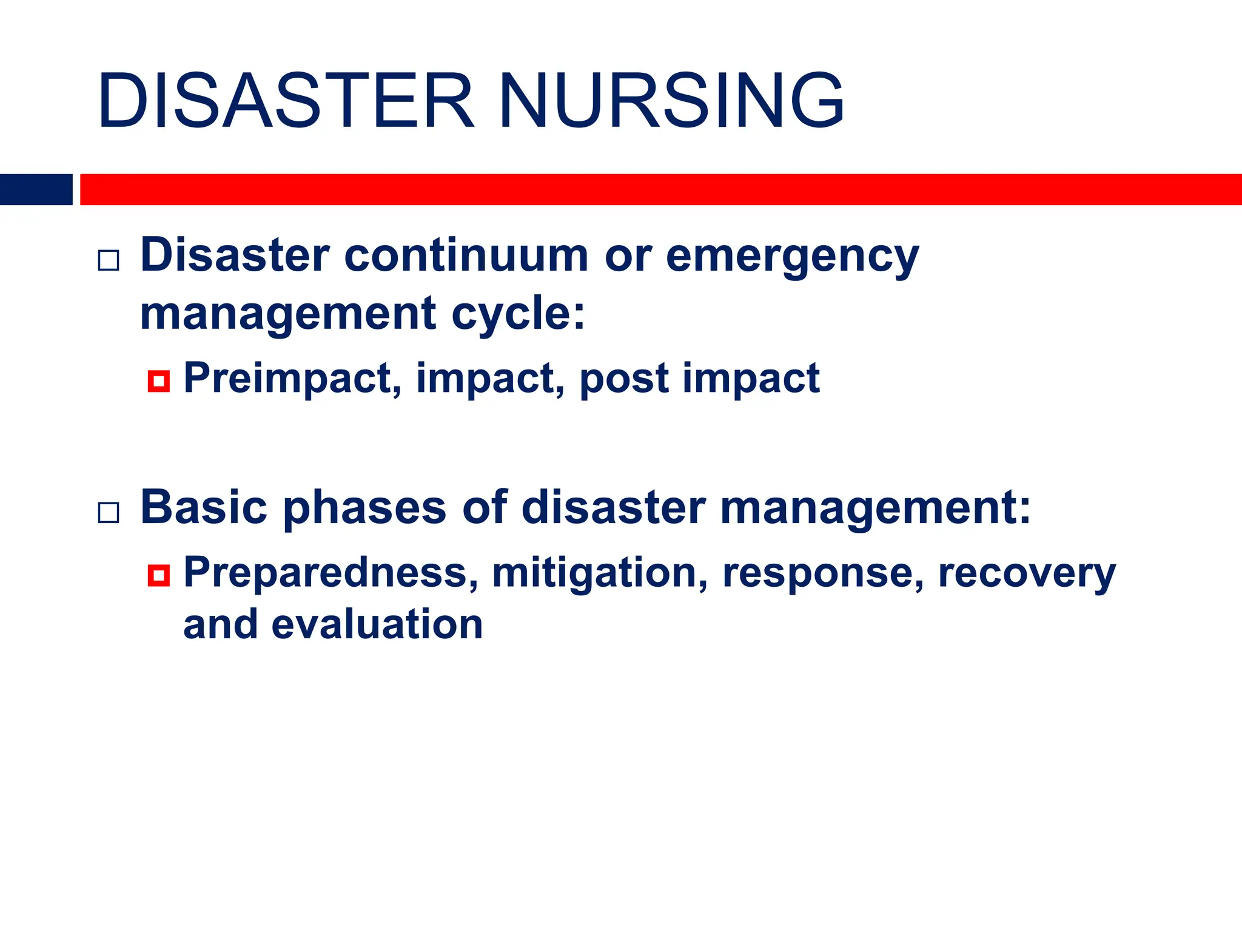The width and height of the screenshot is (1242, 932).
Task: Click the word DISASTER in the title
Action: [x=285, y=101]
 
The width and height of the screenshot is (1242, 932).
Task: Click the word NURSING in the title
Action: [x=671, y=101]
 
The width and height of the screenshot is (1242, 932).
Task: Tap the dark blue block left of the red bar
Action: [x=36, y=189]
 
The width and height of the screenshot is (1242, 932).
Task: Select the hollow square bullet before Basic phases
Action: [x=109, y=513]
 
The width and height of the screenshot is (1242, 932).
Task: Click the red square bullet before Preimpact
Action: [x=158, y=381]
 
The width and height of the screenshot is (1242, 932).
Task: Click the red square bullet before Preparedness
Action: [x=158, y=575]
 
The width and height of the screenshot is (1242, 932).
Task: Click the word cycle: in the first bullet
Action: [x=519, y=314]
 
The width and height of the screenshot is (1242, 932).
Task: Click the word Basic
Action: [x=204, y=507]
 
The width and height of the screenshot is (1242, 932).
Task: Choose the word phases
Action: [x=364, y=508]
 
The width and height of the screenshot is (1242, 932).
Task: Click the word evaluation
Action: [x=377, y=625]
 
